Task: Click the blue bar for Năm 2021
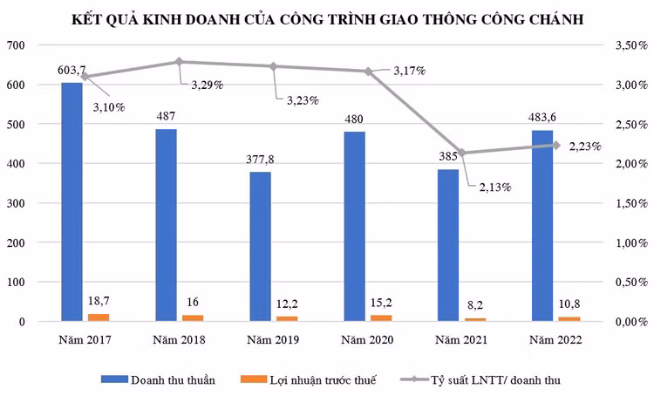[448, 245]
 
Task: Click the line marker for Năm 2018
[179, 62]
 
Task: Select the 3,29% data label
[208, 85]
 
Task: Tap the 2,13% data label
[494, 187]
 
